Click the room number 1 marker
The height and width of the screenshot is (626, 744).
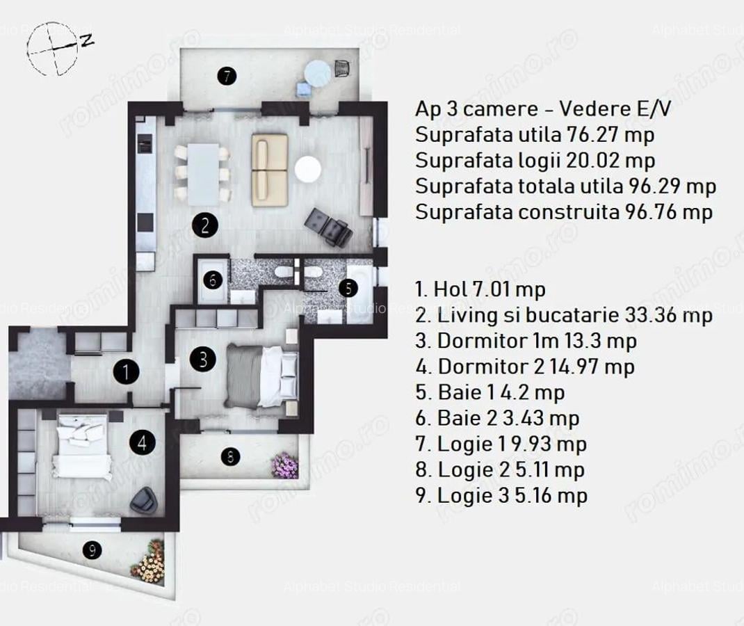tap(126, 372)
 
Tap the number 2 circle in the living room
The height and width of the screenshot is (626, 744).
tap(205, 225)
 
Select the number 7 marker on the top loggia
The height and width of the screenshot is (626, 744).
tap(226, 75)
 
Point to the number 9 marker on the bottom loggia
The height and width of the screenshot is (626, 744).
tap(91, 550)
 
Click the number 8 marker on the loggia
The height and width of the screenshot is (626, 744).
tap(230, 457)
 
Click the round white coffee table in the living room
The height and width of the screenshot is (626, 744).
tap(307, 169)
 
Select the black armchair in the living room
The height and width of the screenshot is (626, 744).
tap(329, 225)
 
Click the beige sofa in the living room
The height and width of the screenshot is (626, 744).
tap(270, 166)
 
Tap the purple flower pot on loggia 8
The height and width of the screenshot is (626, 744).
tap(285, 465)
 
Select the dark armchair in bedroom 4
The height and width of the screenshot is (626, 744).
tap(144, 497)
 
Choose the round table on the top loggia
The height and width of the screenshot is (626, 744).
tap(318, 73)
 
